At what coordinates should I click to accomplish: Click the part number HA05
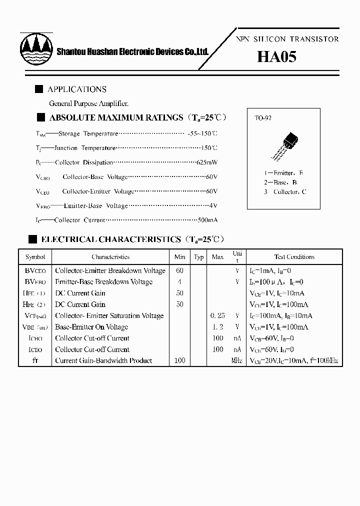coord(276,56)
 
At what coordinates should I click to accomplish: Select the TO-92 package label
coord(263,118)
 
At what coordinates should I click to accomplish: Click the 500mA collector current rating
coord(206,220)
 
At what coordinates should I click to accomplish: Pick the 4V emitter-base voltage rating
coord(214,205)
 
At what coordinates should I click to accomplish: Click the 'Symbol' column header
coord(35,257)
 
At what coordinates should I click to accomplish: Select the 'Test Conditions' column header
coord(294,257)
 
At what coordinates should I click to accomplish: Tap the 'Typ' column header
coord(198,257)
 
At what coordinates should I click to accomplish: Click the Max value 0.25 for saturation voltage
coord(217,316)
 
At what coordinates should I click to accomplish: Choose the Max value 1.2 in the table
coord(217,327)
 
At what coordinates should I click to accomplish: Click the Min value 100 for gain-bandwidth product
coord(180,360)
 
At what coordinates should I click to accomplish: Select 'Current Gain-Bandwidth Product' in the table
coord(103,360)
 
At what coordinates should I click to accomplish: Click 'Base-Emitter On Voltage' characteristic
coord(91,327)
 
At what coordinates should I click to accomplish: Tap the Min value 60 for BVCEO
coord(180,270)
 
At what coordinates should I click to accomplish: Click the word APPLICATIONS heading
coord(77,89)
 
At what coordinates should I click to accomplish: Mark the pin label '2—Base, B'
coord(281,182)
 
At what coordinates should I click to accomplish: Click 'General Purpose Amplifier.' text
coord(88,103)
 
